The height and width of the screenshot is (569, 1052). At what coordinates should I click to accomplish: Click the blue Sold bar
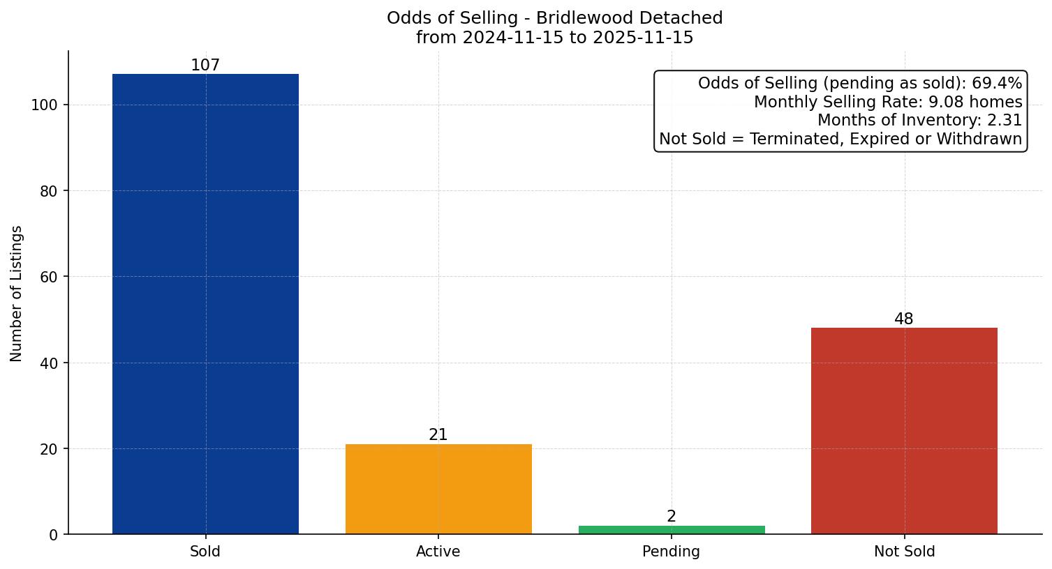click(x=205, y=304)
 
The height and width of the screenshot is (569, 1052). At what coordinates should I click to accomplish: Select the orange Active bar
click(x=438, y=489)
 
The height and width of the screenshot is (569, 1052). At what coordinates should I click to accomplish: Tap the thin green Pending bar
click(x=672, y=530)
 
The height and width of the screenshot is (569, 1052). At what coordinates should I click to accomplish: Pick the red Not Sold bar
click(x=904, y=431)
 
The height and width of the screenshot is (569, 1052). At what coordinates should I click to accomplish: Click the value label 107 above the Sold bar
click(x=205, y=66)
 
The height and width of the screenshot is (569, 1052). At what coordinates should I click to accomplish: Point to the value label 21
click(x=438, y=435)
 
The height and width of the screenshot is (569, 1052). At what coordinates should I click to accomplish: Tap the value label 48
click(x=904, y=319)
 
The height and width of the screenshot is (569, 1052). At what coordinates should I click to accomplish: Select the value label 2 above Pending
click(x=672, y=517)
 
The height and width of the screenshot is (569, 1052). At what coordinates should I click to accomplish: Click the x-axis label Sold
click(x=205, y=552)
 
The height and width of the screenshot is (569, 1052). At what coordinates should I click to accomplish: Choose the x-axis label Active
click(x=438, y=552)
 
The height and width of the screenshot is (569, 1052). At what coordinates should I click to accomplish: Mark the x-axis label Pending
click(x=672, y=552)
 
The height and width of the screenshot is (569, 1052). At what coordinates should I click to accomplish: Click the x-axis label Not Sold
click(x=904, y=552)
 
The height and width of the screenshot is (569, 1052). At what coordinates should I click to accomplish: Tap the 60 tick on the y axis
click(x=48, y=277)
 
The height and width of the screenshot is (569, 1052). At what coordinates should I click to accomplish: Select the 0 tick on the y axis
click(x=53, y=535)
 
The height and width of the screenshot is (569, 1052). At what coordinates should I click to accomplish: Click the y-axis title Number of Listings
click(x=17, y=294)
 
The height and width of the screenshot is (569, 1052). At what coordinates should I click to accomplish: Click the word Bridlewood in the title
click(x=585, y=18)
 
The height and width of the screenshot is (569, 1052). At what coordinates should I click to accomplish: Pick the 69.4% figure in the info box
click(x=997, y=84)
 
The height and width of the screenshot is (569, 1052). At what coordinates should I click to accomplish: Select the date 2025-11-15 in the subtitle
click(x=643, y=38)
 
